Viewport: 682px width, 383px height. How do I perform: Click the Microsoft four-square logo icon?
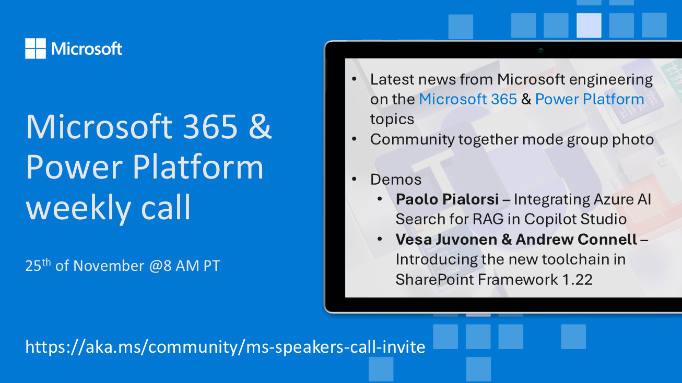tap(36, 49)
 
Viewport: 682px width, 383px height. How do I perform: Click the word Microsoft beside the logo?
tap(87, 49)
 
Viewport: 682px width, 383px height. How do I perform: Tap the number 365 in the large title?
tap(210, 126)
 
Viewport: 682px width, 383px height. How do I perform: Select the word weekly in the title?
tap(78, 208)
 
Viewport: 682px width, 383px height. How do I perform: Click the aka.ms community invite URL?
tap(225, 347)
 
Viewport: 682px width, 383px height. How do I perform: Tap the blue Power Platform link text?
tap(590, 99)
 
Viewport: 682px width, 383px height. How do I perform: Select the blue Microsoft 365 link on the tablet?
tap(468, 99)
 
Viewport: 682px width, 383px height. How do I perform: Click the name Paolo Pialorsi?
tap(447, 199)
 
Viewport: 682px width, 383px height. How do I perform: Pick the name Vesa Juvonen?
tap(446, 240)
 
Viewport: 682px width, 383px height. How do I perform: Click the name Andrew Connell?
tap(576, 240)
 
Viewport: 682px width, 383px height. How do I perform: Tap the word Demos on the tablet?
tap(396, 179)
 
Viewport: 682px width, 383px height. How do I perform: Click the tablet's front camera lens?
tap(540, 50)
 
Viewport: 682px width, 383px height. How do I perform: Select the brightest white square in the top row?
tap(589, 25)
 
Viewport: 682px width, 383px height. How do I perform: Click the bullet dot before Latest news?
tap(354, 79)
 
